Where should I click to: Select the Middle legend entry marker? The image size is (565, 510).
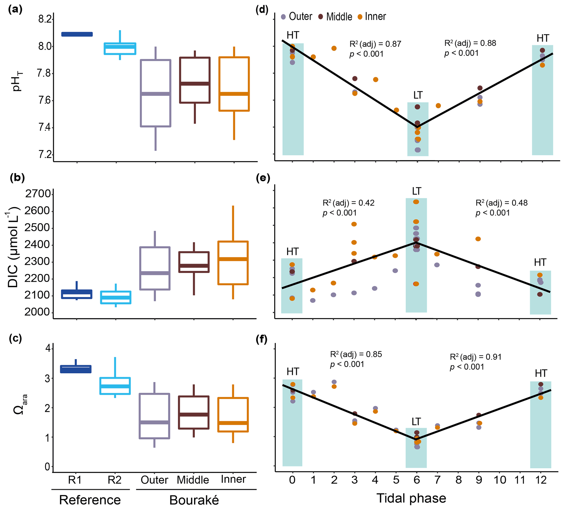[321, 17]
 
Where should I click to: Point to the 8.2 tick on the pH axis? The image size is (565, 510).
[45, 19]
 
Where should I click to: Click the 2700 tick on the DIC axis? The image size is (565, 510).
[38, 194]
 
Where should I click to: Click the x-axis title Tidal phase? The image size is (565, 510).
[411, 498]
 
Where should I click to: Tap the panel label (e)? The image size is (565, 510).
[263, 178]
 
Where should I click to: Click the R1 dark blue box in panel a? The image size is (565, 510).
[77, 34]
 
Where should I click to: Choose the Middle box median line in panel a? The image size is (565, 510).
[195, 84]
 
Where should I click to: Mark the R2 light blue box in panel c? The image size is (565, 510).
[115, 386]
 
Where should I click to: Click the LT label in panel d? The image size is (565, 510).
[418, 96]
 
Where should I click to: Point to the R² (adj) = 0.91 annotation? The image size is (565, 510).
[475, 357]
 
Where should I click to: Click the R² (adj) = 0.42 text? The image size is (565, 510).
[348, 203]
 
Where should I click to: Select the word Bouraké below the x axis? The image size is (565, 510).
[194, 500]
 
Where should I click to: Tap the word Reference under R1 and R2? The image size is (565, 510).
[90, 500]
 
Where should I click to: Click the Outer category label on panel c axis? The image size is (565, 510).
[154, 480]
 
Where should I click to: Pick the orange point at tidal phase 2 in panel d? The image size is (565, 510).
[334, 48]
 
